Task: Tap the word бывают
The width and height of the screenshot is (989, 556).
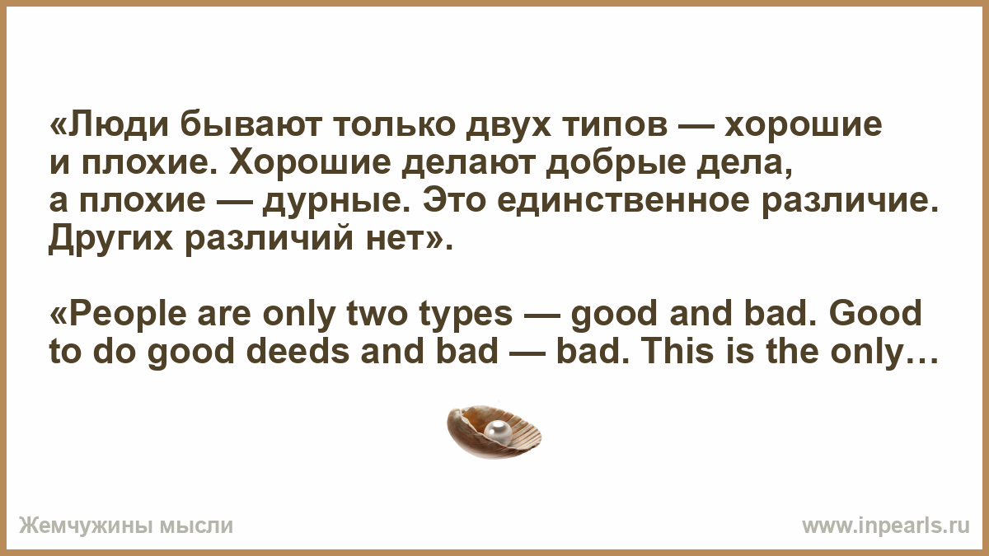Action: pyautogui.click(x=251, y=125)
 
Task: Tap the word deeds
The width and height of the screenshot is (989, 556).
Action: pyautogui.click(x=298, y=353)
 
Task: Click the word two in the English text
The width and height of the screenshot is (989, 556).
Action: pyautogui.click(x=377, y=315)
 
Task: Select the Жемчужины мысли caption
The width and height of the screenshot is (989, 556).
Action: pyautogui.click(x=126, y=526)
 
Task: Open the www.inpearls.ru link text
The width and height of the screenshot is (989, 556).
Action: pyautogui.click(x=886, y=526)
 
